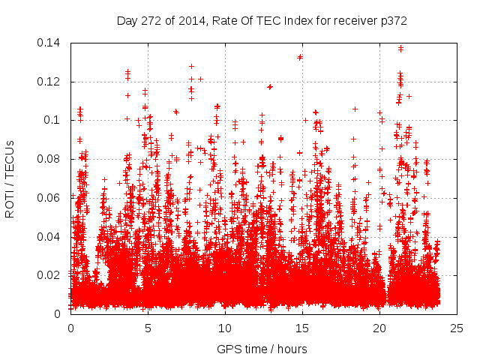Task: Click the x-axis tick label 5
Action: click(x=148, y=328)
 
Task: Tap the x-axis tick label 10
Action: click(x=225, y=328)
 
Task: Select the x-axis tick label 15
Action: click(x=302, y=328)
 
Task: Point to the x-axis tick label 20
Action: click(x=379, y=328)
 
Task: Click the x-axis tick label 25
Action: click(x=457, y=328)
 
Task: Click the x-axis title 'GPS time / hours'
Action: click(x=263, y=349)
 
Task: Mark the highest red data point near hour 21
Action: click(x=400, y=49)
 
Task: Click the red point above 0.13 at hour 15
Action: click(x=300, y=56)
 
